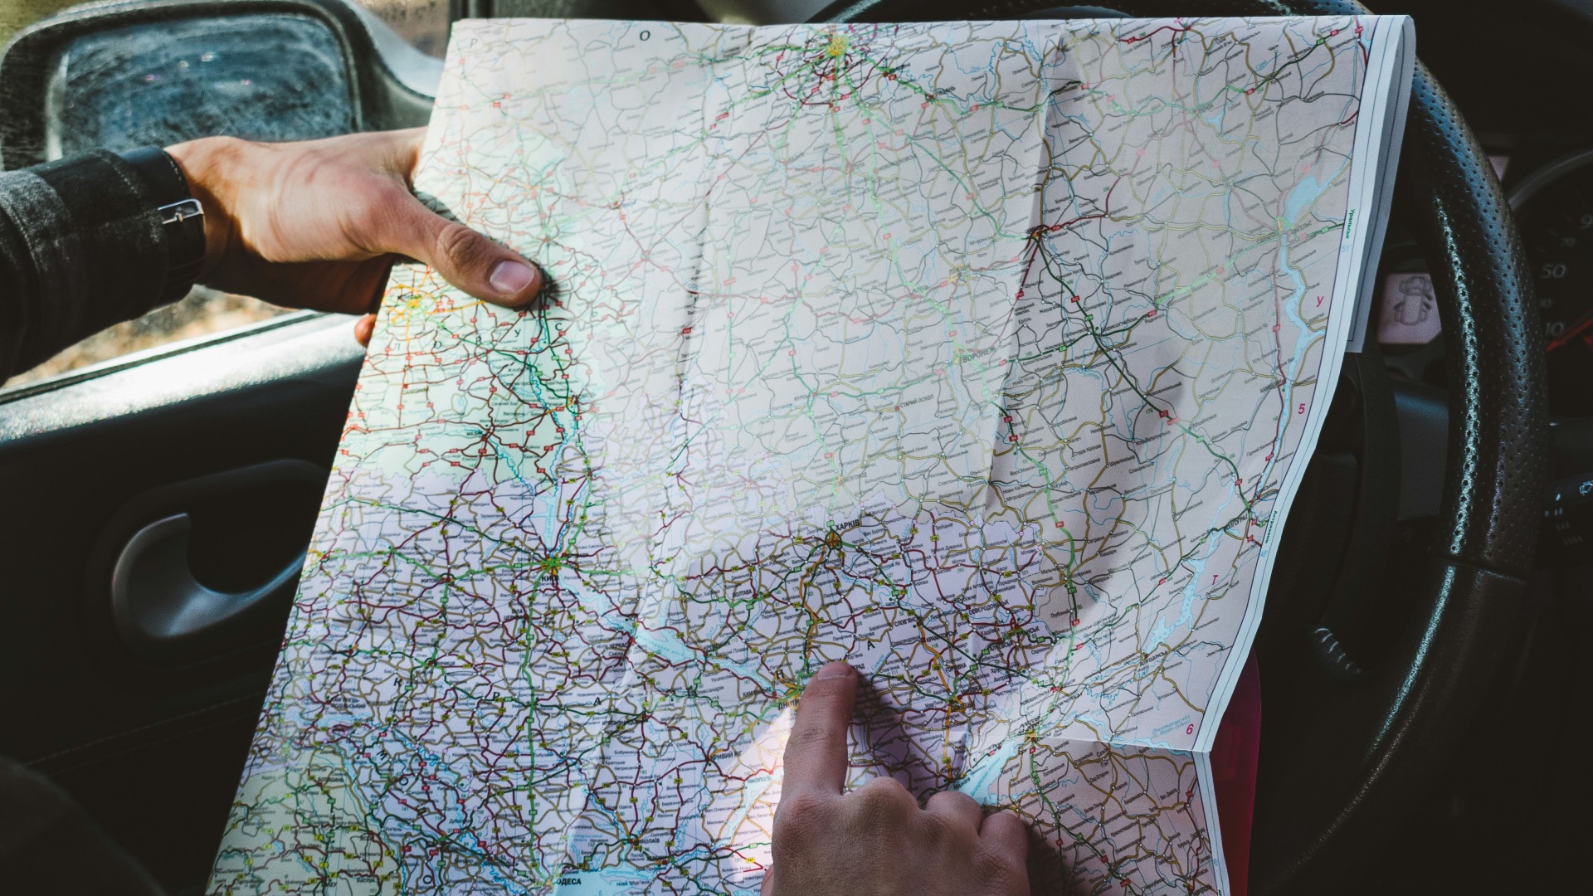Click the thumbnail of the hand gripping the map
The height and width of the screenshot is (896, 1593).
click(x=507, y=273)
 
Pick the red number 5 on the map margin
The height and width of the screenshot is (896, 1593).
click(x=1302, y=409)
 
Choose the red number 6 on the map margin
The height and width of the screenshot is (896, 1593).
click(x=1190, y=729)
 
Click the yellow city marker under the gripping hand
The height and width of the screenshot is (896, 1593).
click(x=413, y=302)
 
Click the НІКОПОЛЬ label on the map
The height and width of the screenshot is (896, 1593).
click(x=763, y=784)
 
